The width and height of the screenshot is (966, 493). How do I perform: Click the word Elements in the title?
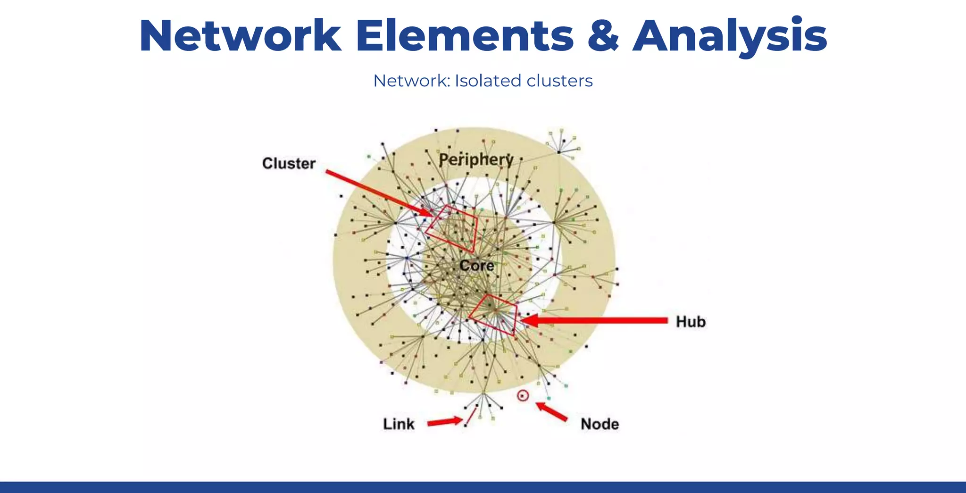464,36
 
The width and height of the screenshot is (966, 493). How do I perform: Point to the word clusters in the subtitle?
559,81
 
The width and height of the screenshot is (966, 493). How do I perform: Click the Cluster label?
289,163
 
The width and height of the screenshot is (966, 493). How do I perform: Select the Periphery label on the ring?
476,159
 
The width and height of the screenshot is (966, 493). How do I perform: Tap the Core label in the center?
476,266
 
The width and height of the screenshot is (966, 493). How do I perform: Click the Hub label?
691,322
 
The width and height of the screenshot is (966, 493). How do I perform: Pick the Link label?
399,424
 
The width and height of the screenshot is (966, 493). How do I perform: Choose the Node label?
600,424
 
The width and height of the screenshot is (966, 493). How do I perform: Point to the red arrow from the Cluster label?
377,192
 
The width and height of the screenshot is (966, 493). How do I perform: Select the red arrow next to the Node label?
552,411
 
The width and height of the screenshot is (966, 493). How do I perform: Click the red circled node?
523,396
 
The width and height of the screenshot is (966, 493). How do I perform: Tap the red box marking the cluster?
451,228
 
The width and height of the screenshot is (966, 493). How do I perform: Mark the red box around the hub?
493,315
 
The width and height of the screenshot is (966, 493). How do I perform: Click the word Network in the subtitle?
411,81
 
